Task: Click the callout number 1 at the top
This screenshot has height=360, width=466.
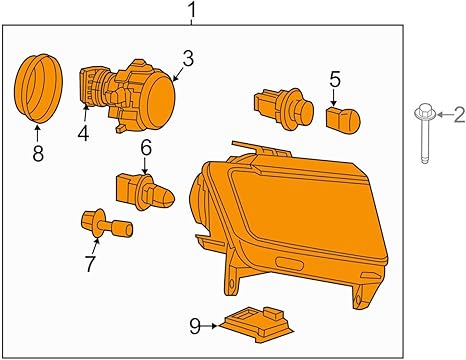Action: click(192, 11)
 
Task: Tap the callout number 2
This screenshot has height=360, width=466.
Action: click(459, 115)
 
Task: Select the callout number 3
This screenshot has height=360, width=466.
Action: click(188, 59)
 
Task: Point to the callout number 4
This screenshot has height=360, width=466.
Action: click(83, 134)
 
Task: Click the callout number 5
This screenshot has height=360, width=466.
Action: click(335, 80)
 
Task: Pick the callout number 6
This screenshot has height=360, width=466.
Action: click(146, 148)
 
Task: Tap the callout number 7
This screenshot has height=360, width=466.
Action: click(90, 263)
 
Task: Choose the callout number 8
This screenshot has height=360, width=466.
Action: click(38, 154)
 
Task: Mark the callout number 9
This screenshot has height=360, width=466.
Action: click(195, 326)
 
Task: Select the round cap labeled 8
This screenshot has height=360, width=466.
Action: click(38, 88)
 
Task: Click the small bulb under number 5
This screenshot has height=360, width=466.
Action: click(343, 120)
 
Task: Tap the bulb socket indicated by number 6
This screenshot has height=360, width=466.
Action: click(145, 192)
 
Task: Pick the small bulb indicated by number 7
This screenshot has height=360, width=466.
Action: click(107, 224)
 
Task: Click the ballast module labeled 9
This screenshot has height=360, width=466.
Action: click(256, 324)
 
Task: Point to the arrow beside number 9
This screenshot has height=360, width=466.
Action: click(210, 326)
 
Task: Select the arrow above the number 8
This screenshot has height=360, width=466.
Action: click(37, 134)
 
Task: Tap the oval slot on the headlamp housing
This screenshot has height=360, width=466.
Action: click(289, 264)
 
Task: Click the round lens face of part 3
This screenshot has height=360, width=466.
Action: click(161, 99)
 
